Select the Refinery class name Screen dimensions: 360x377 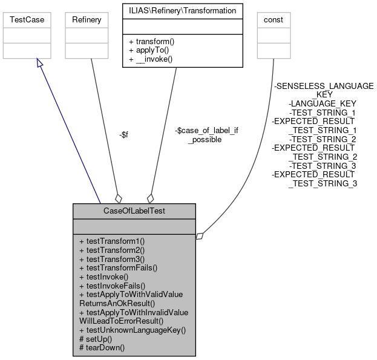tap(87, 20)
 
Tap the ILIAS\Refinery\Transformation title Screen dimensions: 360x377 tap(174, 10)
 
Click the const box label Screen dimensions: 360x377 tap(274, 20)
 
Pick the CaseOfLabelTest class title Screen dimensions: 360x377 tap(134, 211)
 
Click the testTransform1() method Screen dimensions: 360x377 tap(112, 241)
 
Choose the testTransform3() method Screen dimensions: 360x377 tap(112, 258)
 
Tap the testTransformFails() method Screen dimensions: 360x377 tap(118, 267)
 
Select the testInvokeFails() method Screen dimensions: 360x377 tap(112, 284)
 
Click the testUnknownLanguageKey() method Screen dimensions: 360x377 tap(132, 330)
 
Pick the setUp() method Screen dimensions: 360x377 tap(96, 339)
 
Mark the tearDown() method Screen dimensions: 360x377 tap(102, 348)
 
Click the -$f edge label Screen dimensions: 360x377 tap(123, 134)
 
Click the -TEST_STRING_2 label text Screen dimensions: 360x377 tap(323, 139)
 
